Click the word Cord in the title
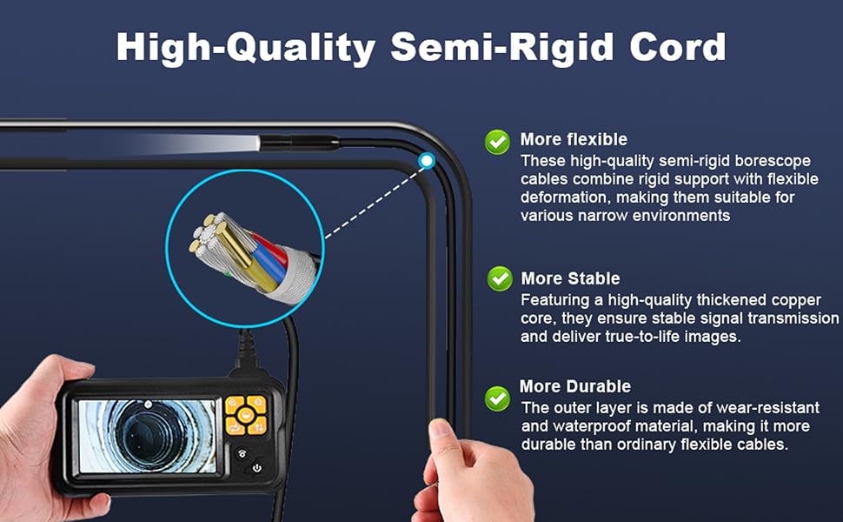point(678,47)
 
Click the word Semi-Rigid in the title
point(502,47)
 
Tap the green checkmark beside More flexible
point(497,142)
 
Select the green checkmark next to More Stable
point(500,278)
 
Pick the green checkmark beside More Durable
point(497,398)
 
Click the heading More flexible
point(574,139)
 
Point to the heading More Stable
point(570,278)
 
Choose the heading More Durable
point(575,386)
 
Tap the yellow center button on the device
point(246,415)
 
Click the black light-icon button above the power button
point(242,453)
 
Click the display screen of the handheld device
point(148,437)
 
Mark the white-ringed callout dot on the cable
point(427,160)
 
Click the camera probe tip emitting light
point(299,143)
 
